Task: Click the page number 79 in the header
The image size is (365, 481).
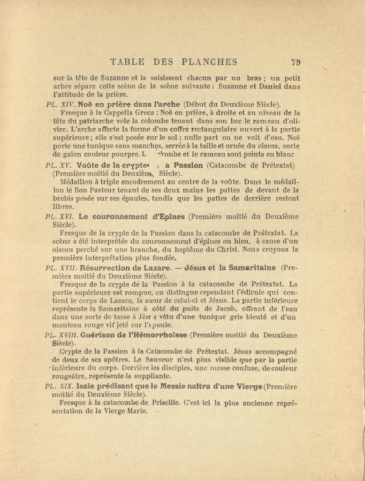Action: tap(296, 62)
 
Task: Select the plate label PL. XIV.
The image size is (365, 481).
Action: tap(58, 105)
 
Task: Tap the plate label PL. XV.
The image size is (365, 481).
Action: tap(57, 165)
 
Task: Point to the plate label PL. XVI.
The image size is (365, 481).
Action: tap(58, 217)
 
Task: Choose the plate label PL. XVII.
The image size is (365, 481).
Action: tap(59, 268)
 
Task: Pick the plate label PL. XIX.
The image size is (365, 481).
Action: tap(58, 386)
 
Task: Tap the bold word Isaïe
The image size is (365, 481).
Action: tap(89, 386)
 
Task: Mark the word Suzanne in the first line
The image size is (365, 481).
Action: tap(108, 78)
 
